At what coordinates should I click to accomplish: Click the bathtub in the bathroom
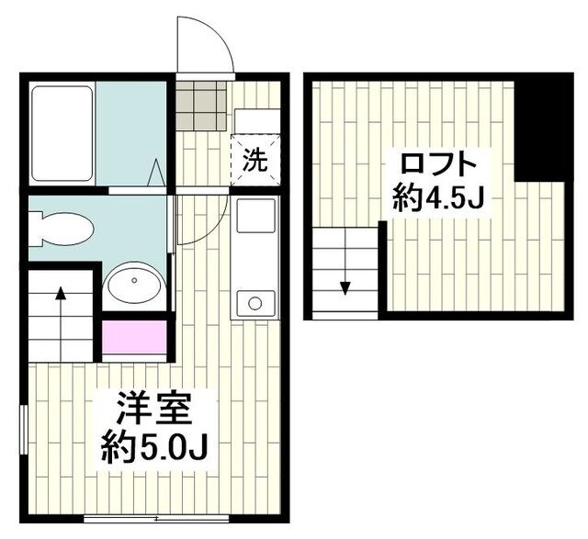[62, 133]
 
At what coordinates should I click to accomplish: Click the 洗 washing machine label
[255, 160]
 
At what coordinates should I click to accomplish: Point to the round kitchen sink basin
[255, 303]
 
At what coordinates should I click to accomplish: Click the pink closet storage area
[134, 337]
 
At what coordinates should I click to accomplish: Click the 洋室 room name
[153, 409]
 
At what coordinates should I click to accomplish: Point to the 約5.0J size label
[154, 448]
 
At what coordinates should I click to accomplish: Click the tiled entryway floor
[201, 106]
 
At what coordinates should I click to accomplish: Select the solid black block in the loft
[544, 128]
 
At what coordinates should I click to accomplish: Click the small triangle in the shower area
[156, 173]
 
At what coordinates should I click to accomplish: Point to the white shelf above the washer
[257, 120]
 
